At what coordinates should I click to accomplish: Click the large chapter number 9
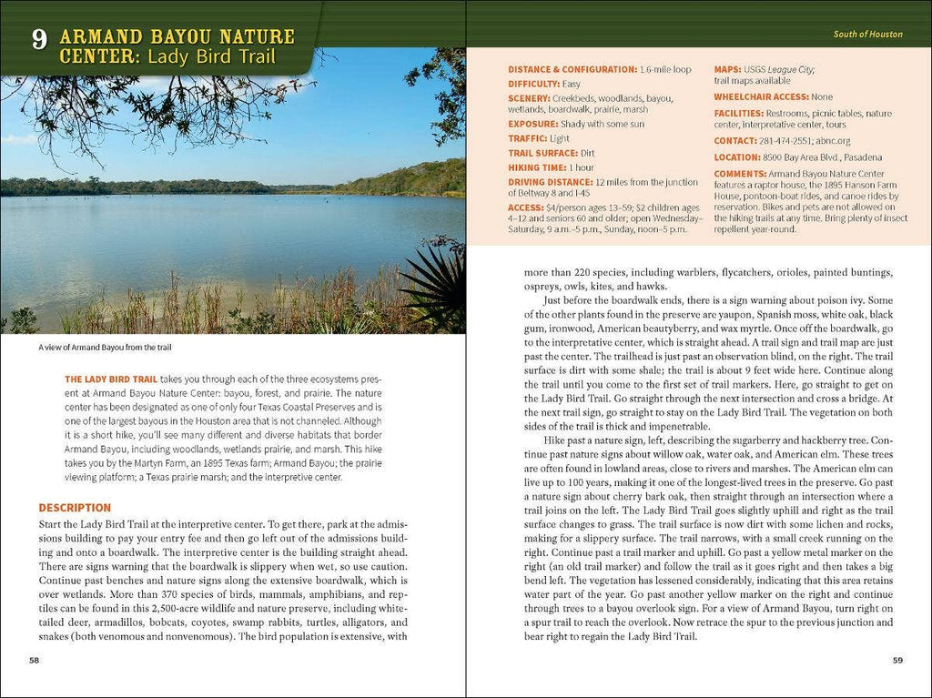pos(38,40)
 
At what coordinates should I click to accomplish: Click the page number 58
pos(35,660)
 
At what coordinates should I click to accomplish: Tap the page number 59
pos(897,660)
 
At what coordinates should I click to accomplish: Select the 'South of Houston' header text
pos(867,35)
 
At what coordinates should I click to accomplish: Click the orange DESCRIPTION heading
pos(75,508)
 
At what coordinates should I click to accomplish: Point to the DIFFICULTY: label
pos(533,84)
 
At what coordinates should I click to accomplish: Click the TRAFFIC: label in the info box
pos(527,138)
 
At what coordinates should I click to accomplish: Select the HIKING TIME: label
pos(537,167)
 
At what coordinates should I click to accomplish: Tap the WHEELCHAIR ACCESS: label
pos(761,96)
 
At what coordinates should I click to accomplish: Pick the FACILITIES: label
pos(740,113)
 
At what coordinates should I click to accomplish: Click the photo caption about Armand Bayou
pos(105,348)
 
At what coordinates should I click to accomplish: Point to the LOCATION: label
pos(737,157)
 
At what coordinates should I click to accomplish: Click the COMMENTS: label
pos(740,174)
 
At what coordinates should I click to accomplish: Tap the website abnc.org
pos(834,141)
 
